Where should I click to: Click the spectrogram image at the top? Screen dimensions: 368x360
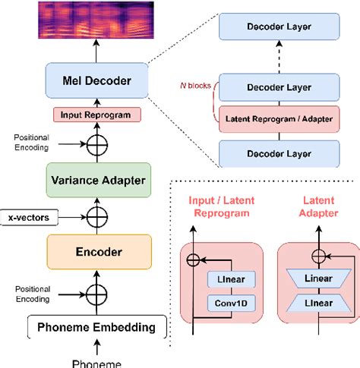(x=96, y=21)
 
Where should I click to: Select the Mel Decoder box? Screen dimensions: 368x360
(x=96, y=80)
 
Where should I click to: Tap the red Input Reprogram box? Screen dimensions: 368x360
(x=96, y=115)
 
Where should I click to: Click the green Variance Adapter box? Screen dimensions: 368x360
(x=96, y=181)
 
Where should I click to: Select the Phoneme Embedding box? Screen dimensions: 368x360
(x=96, y=328)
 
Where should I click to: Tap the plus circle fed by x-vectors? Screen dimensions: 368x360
(x=96, y=217)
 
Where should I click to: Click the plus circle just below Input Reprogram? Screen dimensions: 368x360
(x=96, y=144)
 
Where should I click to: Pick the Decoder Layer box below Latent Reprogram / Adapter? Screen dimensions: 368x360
(x=278, y=153)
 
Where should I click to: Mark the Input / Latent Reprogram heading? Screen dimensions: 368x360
(x=221, y=208)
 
